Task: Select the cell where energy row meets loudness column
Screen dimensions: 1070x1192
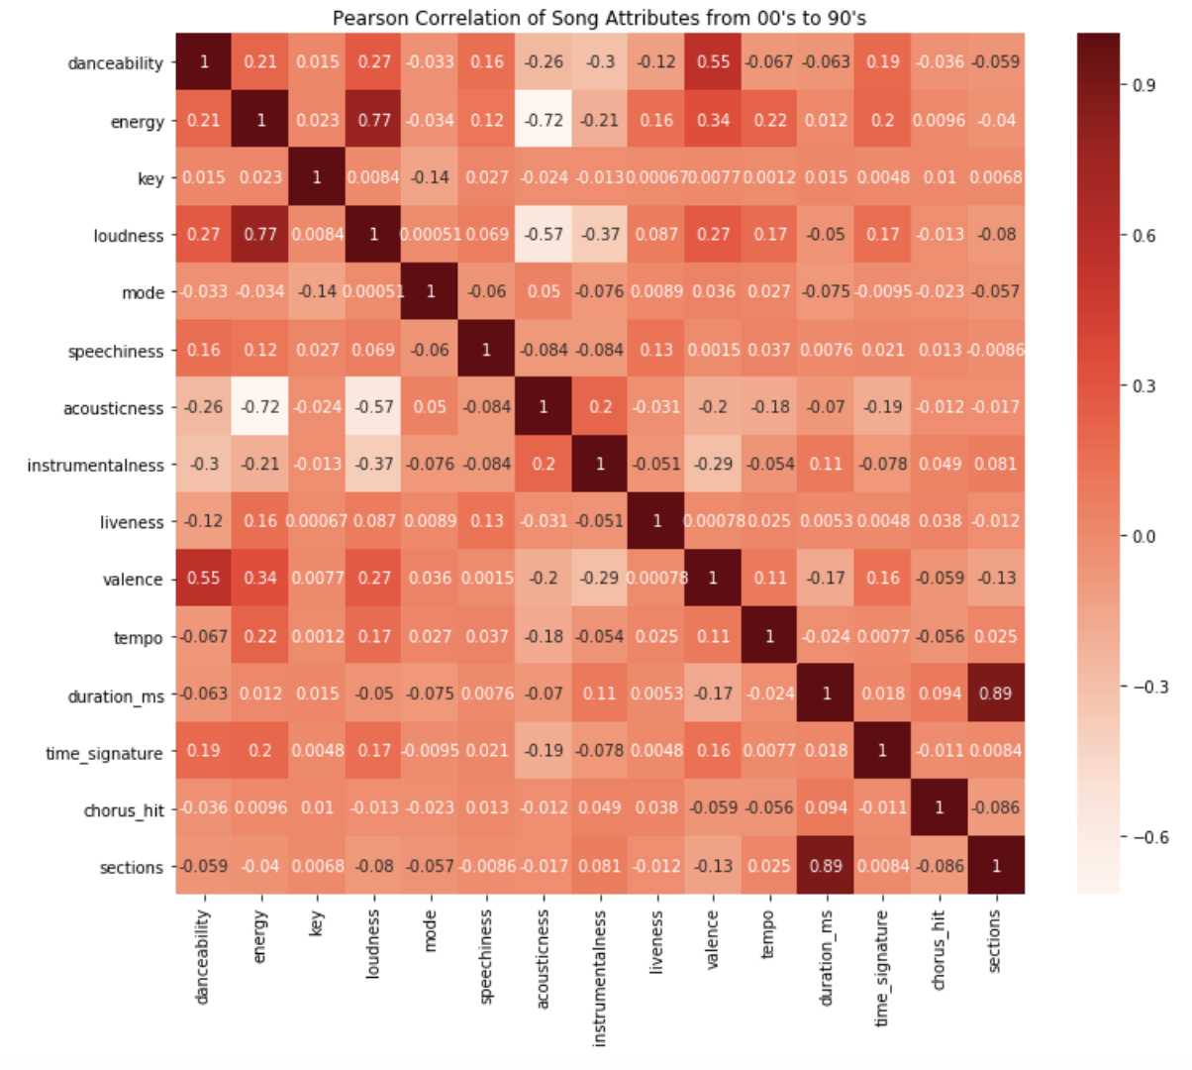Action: coord(374,120)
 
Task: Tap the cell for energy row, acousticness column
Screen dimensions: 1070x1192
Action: coord(544,120)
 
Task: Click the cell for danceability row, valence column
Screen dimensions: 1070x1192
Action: coord(713,61)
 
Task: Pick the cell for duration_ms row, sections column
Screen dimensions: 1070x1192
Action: coord(996,693)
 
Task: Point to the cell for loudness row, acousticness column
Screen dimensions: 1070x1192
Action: coord(544,235)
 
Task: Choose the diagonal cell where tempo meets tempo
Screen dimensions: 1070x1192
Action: coord(770,635)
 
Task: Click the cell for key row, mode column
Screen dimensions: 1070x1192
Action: coord(431,177)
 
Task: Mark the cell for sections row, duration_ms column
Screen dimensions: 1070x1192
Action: coord(827,865)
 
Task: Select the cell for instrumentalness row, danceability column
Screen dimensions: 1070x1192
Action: coord(204,464)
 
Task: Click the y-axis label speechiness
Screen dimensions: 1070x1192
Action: coord(115,351)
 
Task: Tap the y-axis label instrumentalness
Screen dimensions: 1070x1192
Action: coord(95,466)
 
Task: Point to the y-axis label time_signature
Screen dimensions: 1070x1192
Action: coord(104,754)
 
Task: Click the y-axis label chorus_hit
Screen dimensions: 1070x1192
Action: coord(124,811)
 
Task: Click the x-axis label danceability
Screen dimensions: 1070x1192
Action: coord(203,957)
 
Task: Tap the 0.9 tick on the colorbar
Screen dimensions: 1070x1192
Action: coord(1143,85)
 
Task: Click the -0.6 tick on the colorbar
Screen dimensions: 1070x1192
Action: coord(1148,837)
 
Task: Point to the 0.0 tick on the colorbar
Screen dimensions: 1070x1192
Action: coord(1143,536)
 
